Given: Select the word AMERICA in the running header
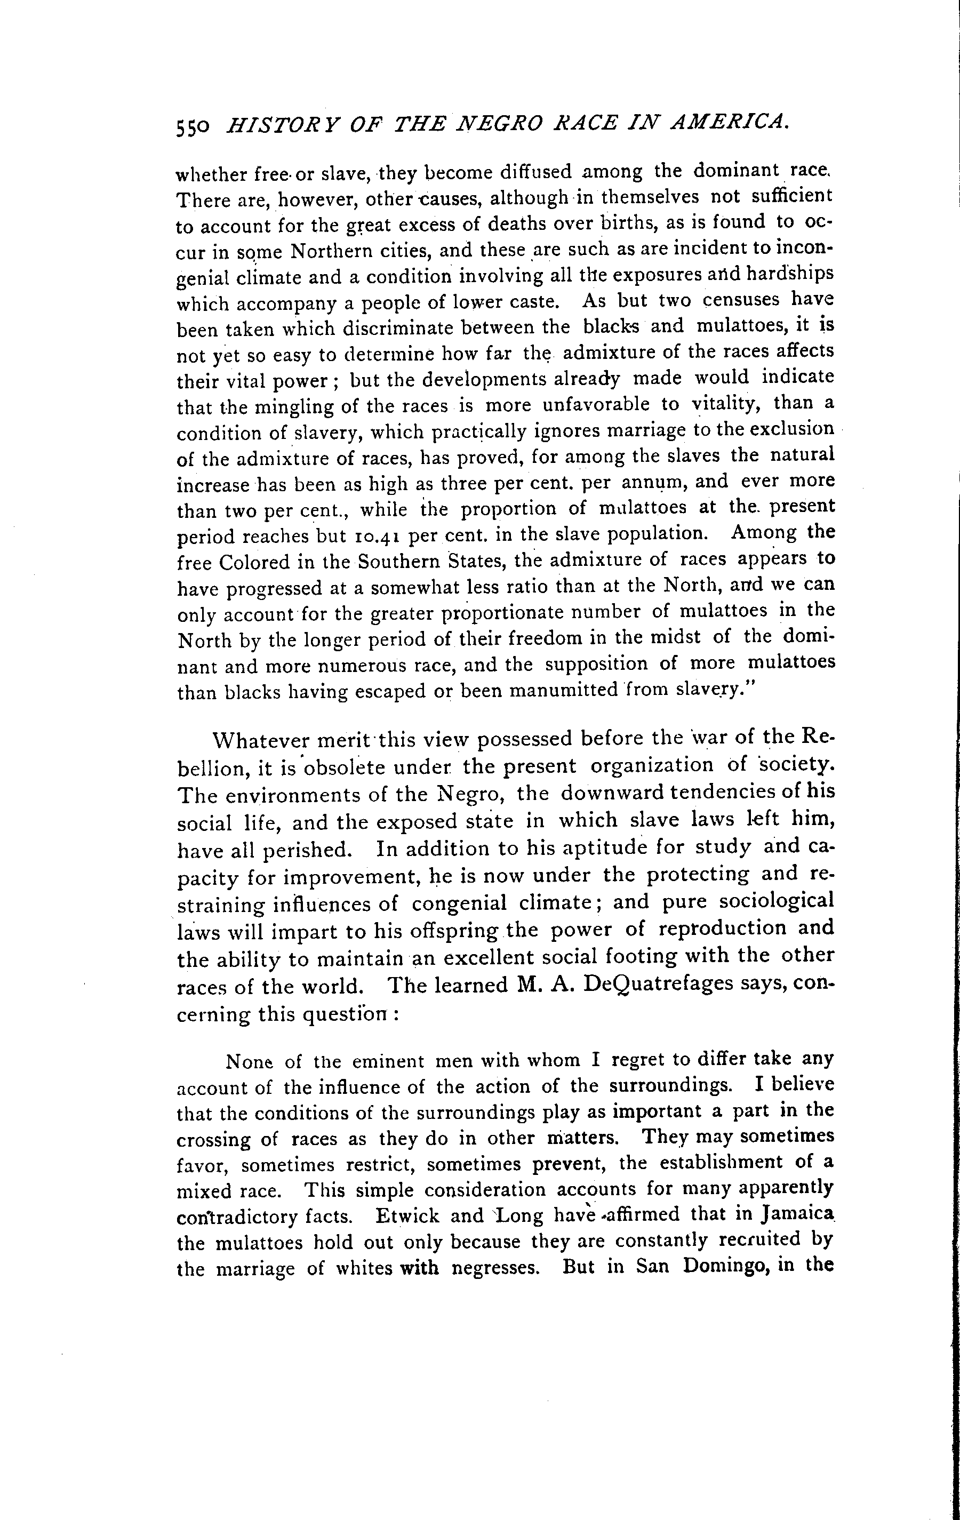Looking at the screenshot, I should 727,119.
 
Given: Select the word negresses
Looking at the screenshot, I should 495,1268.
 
